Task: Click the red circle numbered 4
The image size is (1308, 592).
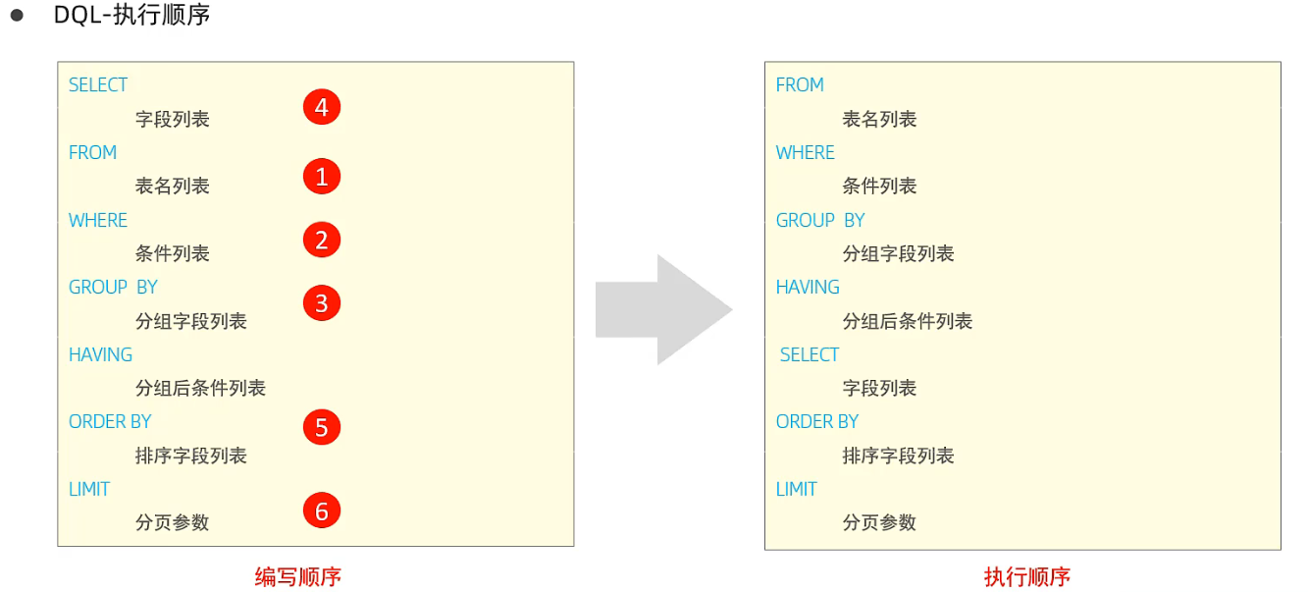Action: (321, 106)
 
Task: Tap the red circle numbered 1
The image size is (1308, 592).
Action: (321, 177)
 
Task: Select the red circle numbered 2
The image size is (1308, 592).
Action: (321, 240)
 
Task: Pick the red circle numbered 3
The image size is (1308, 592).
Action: (321, 303)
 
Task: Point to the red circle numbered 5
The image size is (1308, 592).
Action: (321, 427)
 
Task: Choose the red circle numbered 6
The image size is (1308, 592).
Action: (321, 511)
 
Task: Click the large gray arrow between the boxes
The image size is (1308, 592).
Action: (662, 310)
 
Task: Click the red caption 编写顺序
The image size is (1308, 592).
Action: (297, 576)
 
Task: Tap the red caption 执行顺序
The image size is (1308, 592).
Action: (1026, 576)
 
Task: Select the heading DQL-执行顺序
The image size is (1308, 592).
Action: (131, 16)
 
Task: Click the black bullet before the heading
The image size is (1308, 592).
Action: (17, 17)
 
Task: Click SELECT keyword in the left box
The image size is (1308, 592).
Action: (98, 85)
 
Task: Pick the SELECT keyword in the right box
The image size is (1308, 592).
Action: (810, 354)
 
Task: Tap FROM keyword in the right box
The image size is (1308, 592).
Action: (800, 85)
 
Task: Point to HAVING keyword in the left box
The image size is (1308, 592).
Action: (100, 354)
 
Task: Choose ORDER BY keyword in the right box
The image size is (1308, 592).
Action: (816, 421)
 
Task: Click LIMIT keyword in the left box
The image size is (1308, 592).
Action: (89, 489)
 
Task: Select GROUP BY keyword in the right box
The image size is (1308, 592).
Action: (820, 220)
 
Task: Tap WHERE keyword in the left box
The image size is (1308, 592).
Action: (98, 220)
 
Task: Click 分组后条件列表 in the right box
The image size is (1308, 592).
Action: (907, 321)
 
